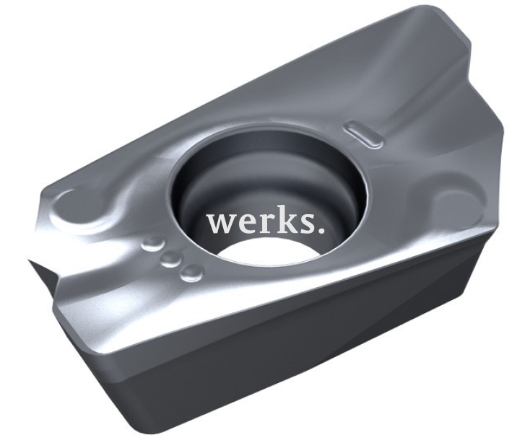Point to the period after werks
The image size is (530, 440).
[x=321, y=230]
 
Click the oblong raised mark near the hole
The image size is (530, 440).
[x=363, y=133]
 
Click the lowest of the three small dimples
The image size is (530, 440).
[x=191, y=272]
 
